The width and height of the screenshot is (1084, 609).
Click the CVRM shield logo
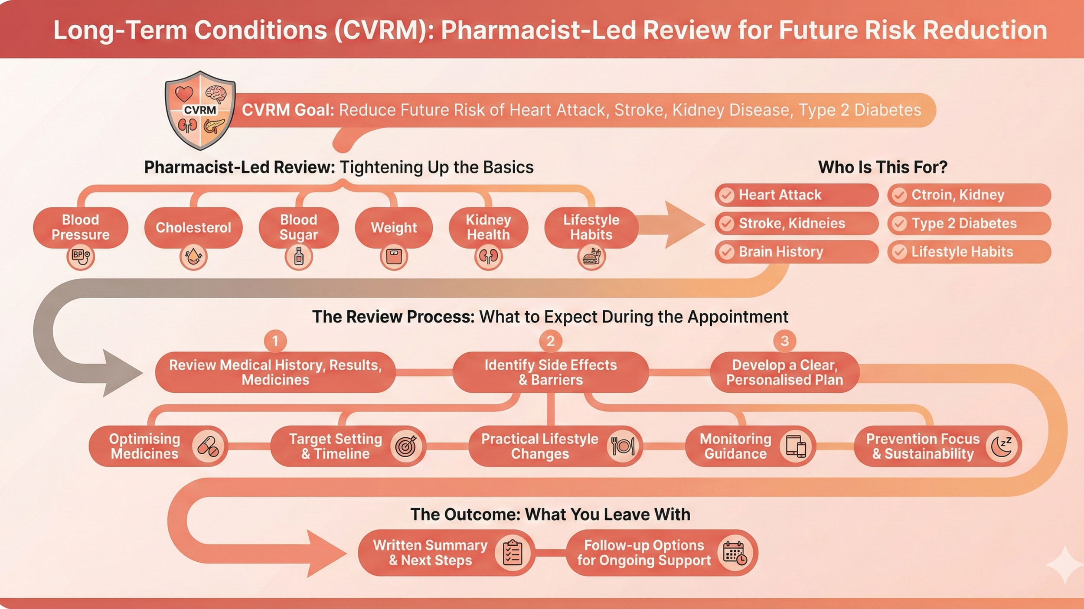click(x=200, y=111)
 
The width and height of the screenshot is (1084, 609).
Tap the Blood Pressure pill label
click(x=81, y=227)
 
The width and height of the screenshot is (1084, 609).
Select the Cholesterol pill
click(x=193, y=228)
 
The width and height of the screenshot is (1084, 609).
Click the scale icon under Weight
click(x=394, y=257)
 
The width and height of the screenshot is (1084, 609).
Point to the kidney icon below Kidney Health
click(x=488, y=257)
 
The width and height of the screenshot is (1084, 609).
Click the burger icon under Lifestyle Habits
click(x=591, y=257)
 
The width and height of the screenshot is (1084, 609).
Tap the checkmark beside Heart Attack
click(x=727, y=195)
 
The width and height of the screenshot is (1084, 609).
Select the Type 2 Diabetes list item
click(x=969, y=223)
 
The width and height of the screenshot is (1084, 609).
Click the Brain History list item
click(x=796, y=252)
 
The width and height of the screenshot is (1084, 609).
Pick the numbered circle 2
click(x=551, y=341)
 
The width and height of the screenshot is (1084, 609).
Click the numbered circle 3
click(x=784, y=341)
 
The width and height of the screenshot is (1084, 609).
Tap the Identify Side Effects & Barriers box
click(x=551, y=372)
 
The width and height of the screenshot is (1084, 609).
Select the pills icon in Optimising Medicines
click(x=208, y=446)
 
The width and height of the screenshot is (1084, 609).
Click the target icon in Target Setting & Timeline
click(x=406, y=446)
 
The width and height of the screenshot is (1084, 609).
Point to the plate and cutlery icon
click(x=623, y=446)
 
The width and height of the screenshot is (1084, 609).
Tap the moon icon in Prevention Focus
click(x=1001, y=446)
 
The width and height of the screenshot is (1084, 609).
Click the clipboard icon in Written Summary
click(x=513, y=553)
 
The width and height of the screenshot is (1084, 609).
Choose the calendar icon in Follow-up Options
click(x=735, y=553)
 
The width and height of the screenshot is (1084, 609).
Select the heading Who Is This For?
click(x=882, y=167)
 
